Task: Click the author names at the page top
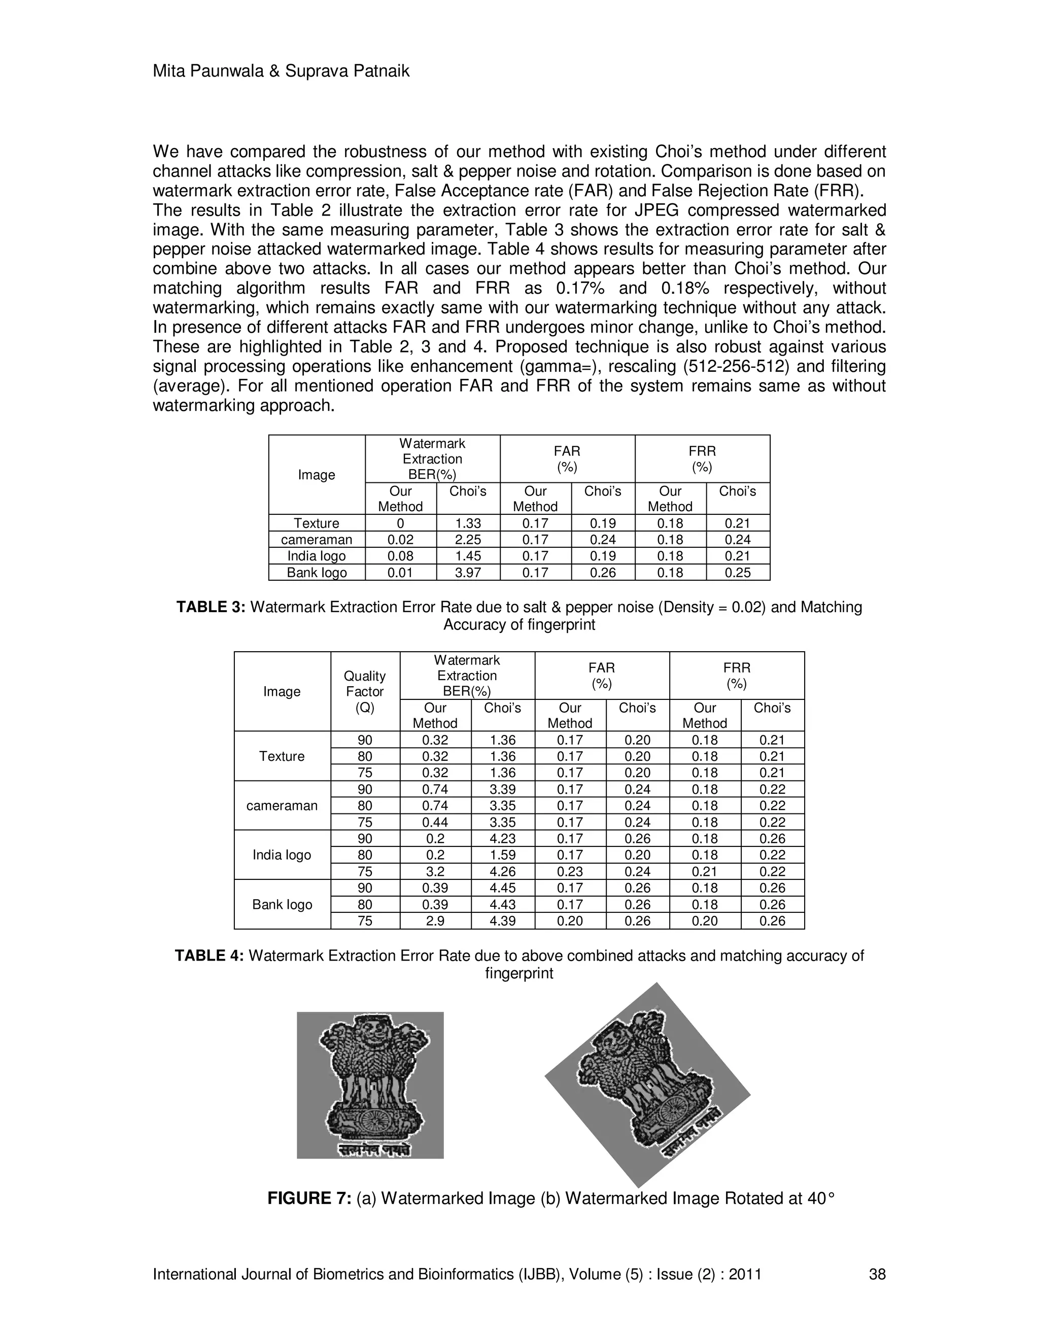281,72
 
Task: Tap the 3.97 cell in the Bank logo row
468,572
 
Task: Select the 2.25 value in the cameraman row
468,540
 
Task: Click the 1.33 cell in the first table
468,523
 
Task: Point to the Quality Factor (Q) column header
365,691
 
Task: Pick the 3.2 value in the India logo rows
435,871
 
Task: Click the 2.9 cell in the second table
435,921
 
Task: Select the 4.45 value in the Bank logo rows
503,888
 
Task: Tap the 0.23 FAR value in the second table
570,871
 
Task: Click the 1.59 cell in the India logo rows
503,855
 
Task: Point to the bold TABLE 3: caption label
211,608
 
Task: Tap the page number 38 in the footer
877,1275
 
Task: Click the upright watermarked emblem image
370,1085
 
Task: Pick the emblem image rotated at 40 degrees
647,1085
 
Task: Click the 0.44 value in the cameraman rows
435,822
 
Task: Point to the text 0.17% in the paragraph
580,288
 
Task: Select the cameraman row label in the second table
282,805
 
